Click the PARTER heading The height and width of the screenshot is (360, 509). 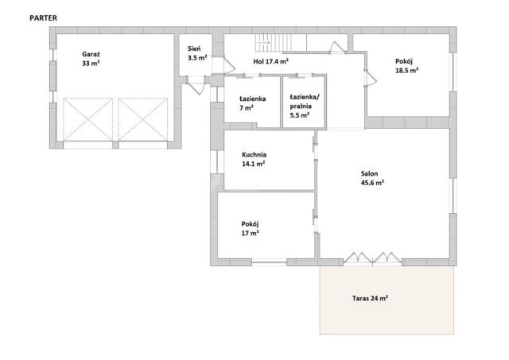pos(43,18)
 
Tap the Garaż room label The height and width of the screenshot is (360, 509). pos(88,54)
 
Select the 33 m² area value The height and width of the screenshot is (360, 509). pos(91,64)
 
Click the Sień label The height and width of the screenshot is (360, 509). pos(194,49)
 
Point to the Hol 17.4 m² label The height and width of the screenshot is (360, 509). pos(270,61)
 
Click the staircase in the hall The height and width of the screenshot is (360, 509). pos(281,42)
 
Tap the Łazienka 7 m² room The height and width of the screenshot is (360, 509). pos(253,103)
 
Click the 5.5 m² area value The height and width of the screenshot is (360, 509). pos(299,115)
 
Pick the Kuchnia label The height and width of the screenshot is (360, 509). pos(254,155)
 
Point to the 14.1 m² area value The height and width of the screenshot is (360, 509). pos(253,164)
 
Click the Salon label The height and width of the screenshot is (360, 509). pos(369,173)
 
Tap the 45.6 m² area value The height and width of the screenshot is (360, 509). pos(372,183)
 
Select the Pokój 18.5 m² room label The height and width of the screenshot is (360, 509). pos(406,66)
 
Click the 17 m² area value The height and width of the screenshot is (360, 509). pos(250,233)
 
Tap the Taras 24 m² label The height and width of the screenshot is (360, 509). pos(370,298)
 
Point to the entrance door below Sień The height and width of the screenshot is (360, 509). pos(196,85)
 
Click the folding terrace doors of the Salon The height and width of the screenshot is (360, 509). pos(372,257)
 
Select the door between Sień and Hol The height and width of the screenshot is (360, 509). pos(229,65)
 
